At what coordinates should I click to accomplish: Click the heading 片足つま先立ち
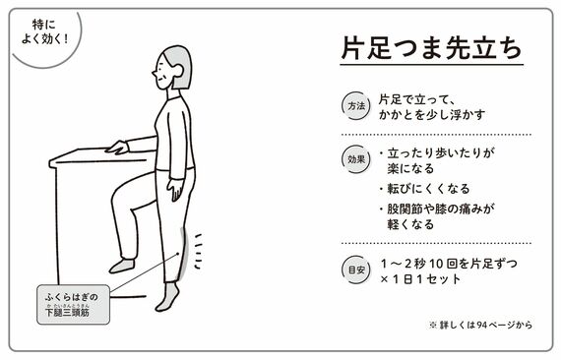click(431, 48)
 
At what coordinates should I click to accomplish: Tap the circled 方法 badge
click(356, 106)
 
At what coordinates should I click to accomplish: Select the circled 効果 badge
click(356, 159)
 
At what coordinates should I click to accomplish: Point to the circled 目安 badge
click(356, 270)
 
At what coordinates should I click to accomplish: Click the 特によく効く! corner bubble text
click(44, 31)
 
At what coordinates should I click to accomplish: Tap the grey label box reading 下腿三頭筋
click(74, 305)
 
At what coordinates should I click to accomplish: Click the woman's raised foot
click(122, 266)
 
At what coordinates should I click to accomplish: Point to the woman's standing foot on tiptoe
click(167, 297)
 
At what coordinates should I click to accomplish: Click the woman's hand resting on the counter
click(117, 148)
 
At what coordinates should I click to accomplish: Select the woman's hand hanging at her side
click(176, 189)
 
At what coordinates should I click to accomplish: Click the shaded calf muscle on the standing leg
click(183, 254)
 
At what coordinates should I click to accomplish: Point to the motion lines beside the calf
click(198, 252)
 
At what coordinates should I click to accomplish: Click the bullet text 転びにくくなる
click(428, 189)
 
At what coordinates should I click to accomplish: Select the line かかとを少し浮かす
click(432, 114)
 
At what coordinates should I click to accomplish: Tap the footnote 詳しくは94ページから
click(481, 325)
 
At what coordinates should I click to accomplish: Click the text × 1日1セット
click(420, 278)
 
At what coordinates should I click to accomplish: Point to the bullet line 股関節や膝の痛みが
click(441, 209)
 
